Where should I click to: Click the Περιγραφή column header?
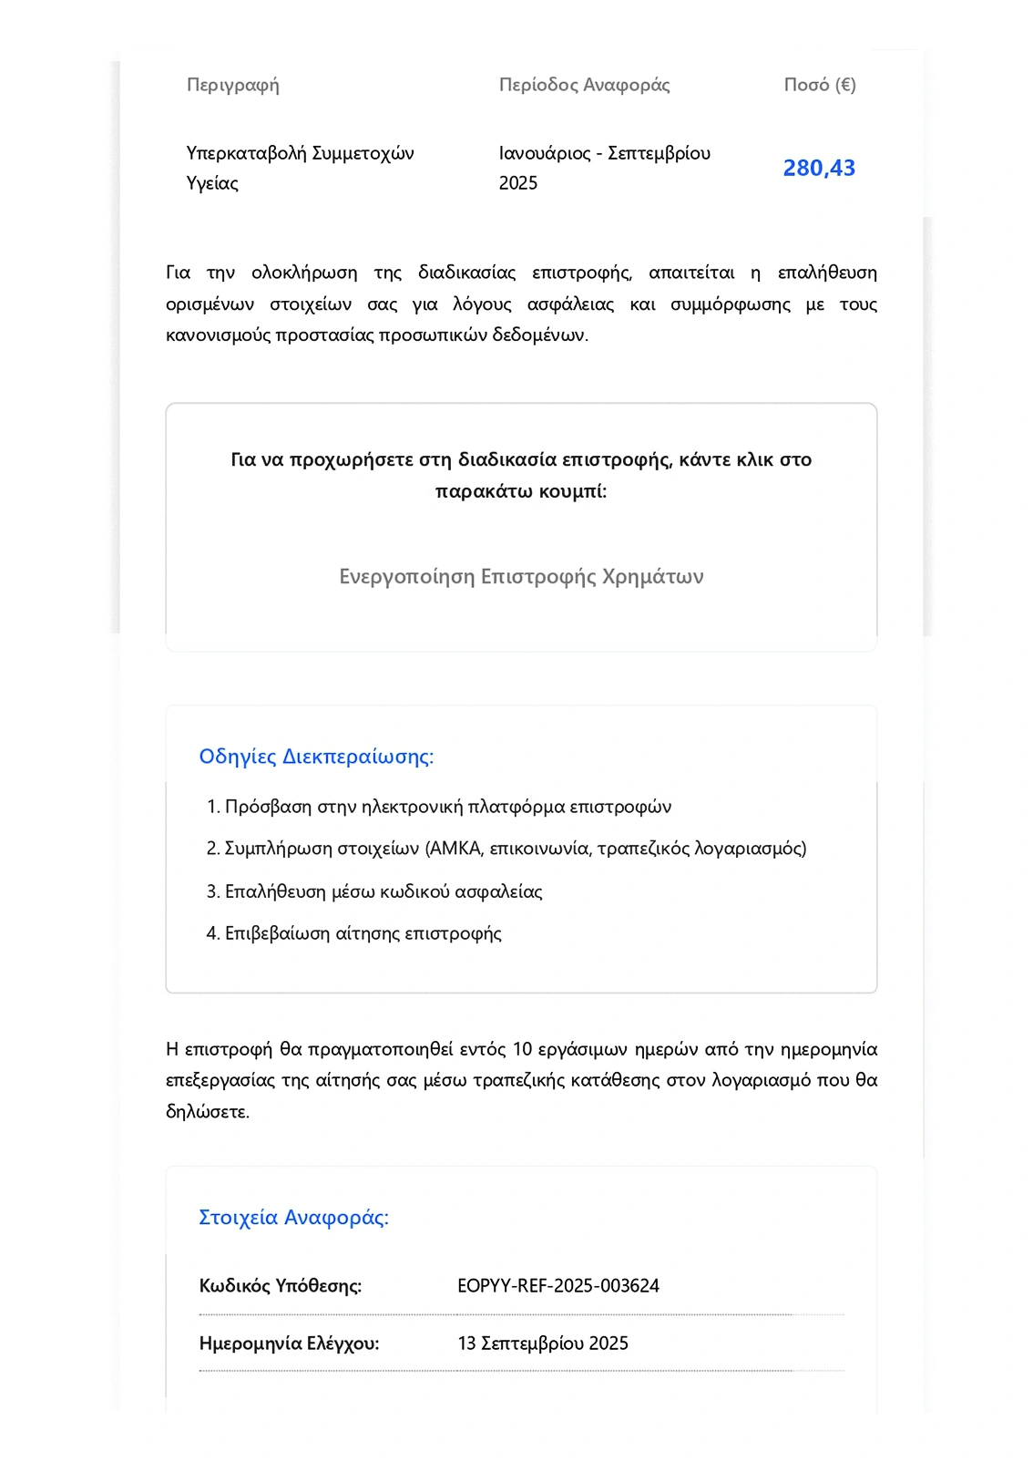point(232,85)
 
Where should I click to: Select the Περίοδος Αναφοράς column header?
point(584,85)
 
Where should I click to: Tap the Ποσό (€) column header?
point(819,85)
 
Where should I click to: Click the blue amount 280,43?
point(819,168)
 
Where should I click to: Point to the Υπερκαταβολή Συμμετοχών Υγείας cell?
point(300,168)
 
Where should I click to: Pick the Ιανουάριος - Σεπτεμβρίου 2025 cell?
point(604,168)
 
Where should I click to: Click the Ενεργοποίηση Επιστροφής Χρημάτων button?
point(521,577)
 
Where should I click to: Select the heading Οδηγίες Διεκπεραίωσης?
point(316,757)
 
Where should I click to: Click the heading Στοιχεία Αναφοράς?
point(293,1218)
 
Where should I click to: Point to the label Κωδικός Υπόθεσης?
point(280,1286)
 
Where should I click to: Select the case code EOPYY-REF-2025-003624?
point(557,1286)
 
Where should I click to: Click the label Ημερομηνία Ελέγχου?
point(289,1344)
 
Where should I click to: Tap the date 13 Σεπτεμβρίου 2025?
point(542,1344)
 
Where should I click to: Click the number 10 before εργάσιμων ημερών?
point(522,1049)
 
